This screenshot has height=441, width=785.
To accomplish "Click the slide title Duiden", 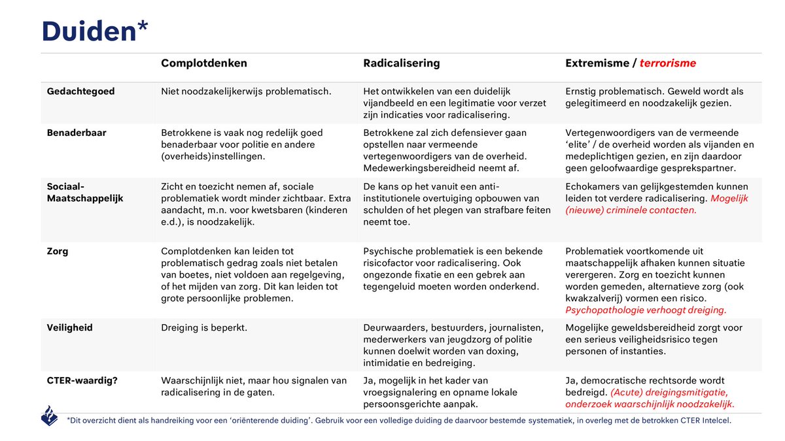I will click(88, 31).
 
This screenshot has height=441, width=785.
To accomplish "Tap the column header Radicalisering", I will click(401, 63).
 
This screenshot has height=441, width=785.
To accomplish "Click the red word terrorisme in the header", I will click(667, 63).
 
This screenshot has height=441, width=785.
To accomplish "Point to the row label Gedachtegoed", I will click(80, 91).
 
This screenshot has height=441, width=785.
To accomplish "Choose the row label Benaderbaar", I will click(77, 133).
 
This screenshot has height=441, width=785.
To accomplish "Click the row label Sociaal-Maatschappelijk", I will click(85, 192).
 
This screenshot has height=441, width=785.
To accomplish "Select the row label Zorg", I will click(59, 251).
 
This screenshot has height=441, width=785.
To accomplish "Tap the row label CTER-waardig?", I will click(82, 380).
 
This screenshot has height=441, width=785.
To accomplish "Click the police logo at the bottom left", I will click(50, 416).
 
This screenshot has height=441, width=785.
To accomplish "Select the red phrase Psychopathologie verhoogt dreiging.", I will click(646, 310).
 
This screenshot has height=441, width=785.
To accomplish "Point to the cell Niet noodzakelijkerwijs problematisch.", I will click(246, 91).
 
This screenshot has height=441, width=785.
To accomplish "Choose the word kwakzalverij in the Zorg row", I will click(595, 299).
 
